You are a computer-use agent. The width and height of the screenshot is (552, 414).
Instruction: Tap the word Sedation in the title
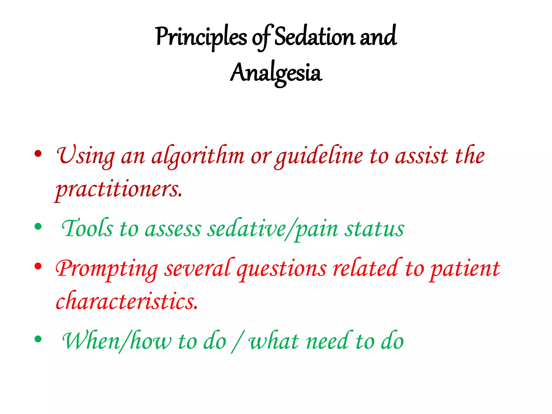coord(314,37)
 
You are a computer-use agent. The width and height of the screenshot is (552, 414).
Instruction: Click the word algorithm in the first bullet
coord(198,157)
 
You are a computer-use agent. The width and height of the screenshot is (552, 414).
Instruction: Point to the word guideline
coord(319,157)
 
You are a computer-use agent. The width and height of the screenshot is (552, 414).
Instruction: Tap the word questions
coord(282,269)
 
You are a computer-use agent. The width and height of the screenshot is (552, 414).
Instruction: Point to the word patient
coord(465,269)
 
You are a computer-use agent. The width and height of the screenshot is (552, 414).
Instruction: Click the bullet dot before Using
coord(38,154)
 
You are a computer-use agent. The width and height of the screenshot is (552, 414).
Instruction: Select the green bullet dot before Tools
coord(38,226)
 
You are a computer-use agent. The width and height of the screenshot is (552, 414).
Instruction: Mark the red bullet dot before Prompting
coord(38,266)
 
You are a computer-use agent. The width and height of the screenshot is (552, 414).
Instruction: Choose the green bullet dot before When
coord(38,339)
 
